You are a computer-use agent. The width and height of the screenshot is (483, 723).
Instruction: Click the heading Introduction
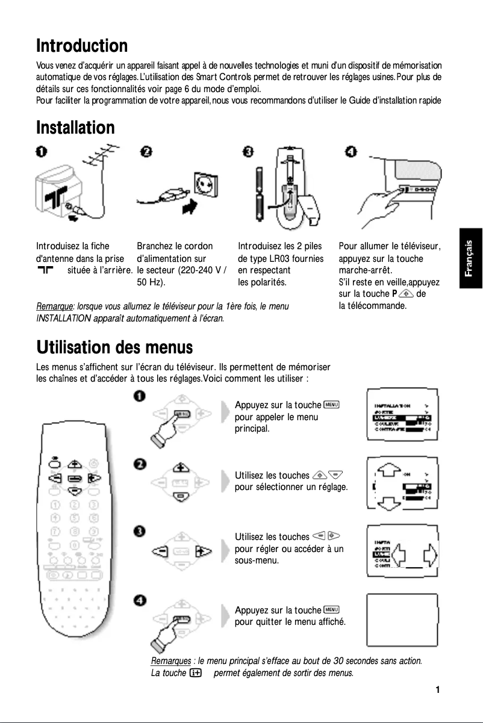pyautogui.click(x=82, y=46)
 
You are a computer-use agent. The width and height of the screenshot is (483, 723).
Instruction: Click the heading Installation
pyautogui.click(x=75, y=128)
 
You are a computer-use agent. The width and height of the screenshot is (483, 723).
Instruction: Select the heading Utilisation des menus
pyautogui.click(x=114, y=347)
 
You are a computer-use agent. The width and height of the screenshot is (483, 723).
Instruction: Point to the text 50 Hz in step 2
pyautogui.click(x=151, y=282)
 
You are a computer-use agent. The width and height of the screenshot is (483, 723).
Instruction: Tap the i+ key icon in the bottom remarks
pyautogui.click(x=195, y=672)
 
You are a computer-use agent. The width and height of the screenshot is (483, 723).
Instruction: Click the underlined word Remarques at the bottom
pyautogui.click(x=170, y=661)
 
